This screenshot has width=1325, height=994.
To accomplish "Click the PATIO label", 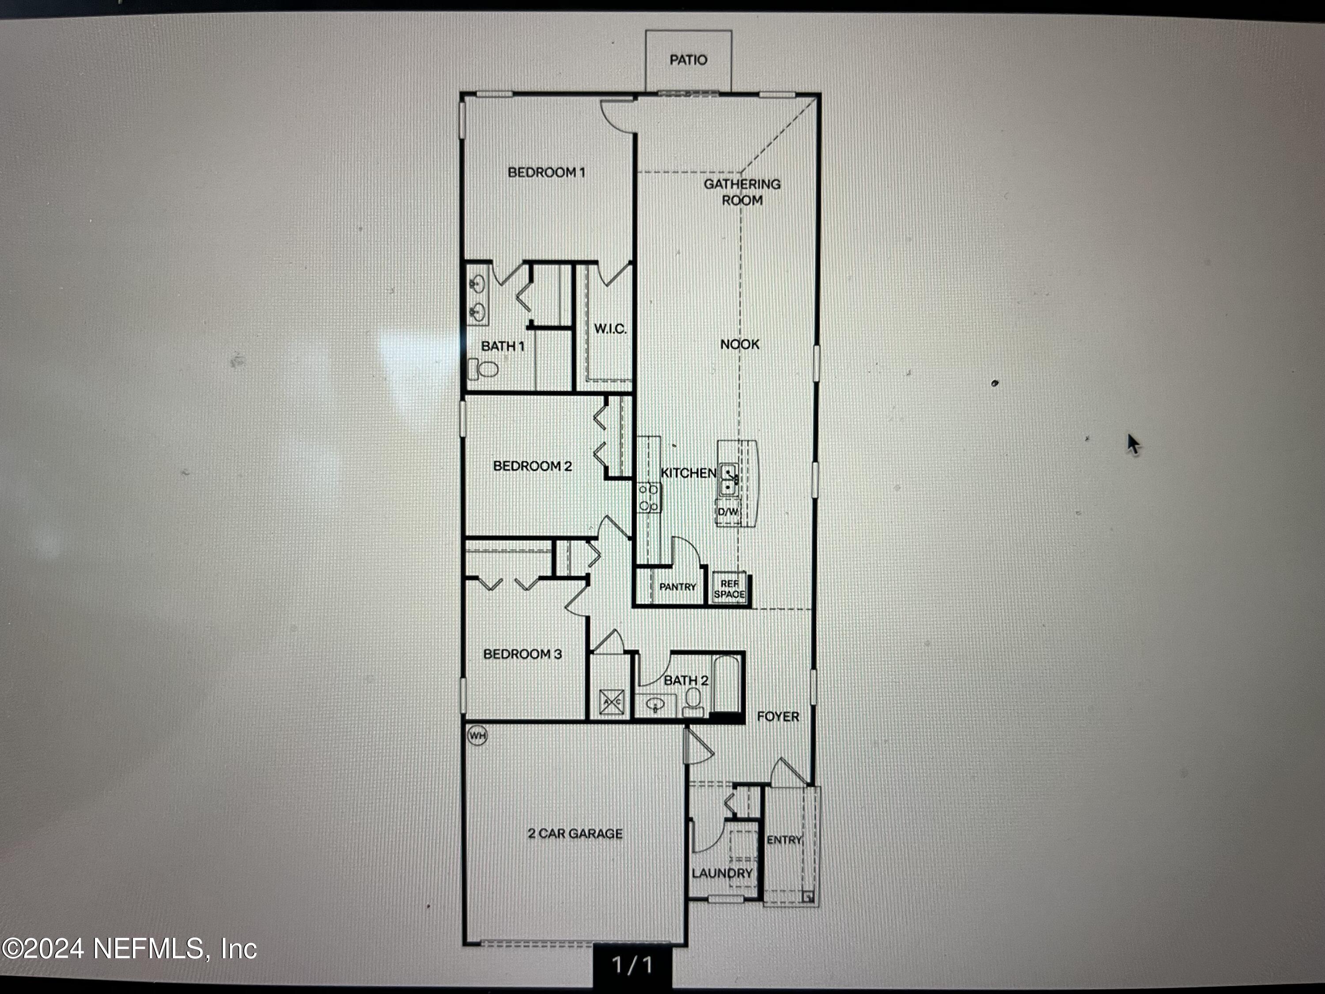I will point(688,60).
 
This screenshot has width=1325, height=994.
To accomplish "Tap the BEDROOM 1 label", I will point(546,173).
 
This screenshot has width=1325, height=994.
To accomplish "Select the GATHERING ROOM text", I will point(742,192).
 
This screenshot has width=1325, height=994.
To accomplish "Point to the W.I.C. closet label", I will point(610,329).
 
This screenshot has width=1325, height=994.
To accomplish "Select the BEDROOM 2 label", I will point(533,466).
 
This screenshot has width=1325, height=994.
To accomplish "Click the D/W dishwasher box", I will point(728,512).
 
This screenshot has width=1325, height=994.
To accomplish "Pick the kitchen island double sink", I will point(728,480).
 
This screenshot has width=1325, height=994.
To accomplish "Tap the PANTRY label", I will point(678,587).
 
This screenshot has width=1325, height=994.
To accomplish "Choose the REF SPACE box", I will point(730,588).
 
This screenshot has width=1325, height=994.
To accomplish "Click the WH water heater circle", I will point(477,735).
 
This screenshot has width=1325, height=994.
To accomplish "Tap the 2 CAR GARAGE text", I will point(575,834).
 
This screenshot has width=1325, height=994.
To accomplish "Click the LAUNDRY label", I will point(722,873).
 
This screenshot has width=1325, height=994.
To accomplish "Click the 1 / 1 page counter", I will point(632,965).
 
